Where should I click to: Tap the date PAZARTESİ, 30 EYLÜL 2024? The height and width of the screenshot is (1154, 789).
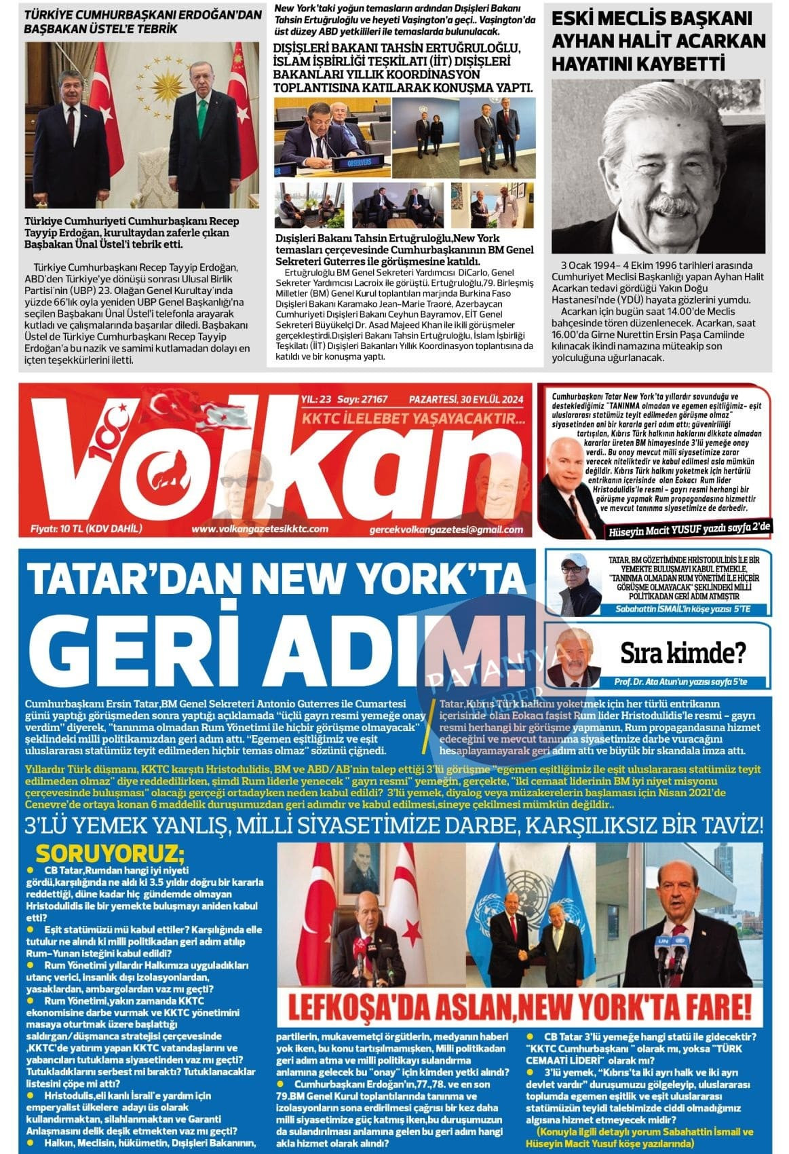467,400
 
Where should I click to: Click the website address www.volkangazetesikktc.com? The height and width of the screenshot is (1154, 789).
260,529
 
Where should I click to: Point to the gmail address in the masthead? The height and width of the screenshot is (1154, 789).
446,529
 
